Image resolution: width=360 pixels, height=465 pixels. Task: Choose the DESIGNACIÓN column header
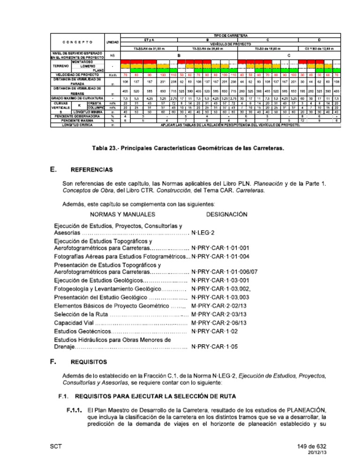click(x=226, y=214)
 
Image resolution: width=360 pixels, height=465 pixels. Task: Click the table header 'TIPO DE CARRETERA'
click(x=231, y=35)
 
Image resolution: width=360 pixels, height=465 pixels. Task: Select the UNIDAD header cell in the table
click(x=112, y=42)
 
